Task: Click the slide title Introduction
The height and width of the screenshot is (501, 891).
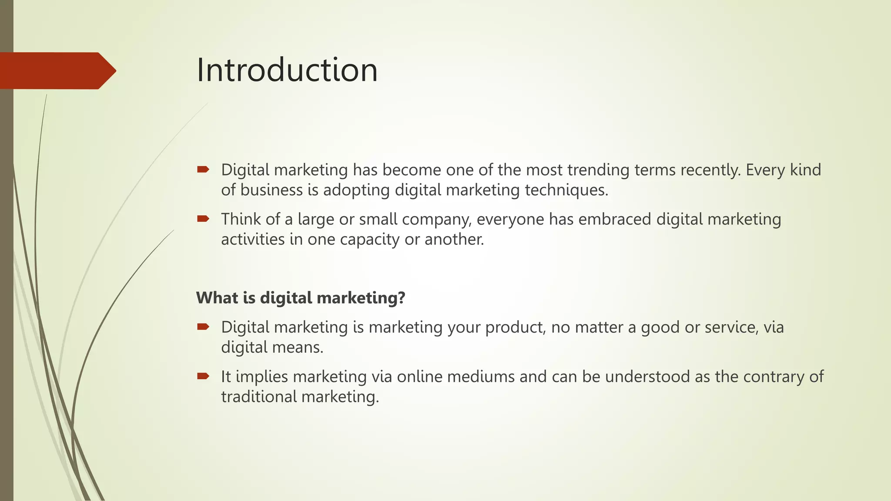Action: [x=287, y=70]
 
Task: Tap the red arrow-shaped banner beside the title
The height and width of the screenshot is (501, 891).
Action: [x=57, y=71]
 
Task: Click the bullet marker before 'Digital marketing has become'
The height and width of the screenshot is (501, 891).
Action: [x=203, y=169]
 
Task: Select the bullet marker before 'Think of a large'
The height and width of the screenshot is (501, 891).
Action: [x=203, y=219]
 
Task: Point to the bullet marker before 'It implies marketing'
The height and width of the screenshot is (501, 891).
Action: [x=203, y=376]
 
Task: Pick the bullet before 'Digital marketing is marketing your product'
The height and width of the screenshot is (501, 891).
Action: [x=203, y=327]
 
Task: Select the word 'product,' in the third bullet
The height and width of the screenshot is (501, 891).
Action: [x=516, y=327]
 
